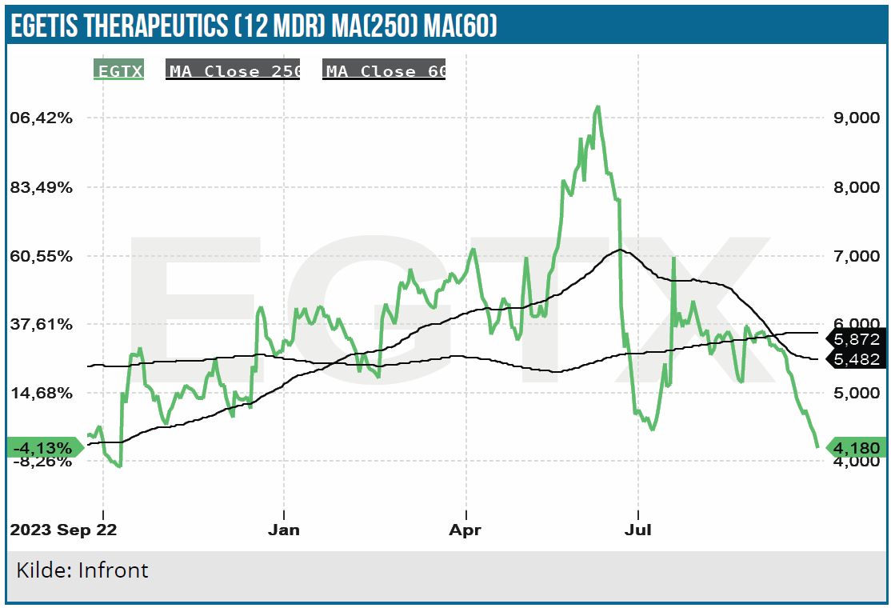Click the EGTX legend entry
[118, 70]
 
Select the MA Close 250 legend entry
[233, 70]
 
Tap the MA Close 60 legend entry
[384, 70]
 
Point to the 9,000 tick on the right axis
[856, 118]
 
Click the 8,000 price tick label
[856, 187]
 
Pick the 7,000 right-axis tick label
[856, 256]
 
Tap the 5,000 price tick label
[856, 393]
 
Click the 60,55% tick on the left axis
[51, 256]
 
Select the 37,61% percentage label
[51, 324]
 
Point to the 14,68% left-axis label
[51, 393]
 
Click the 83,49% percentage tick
[51, 187]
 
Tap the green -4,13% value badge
[50, 447]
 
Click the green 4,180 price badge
[857, 447]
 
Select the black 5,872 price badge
[857, 339]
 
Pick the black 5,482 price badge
[857, 359]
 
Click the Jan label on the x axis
[284, 530]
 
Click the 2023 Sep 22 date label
[62, 530]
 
